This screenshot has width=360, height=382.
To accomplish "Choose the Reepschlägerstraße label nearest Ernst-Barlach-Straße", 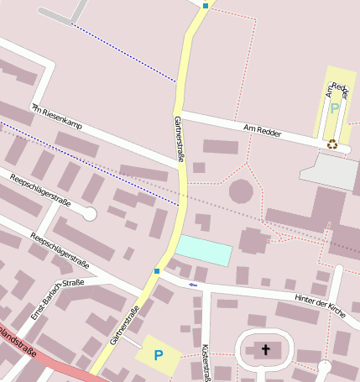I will (x=60, y=249).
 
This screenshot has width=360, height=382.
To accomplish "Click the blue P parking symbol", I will (x=158, y=355).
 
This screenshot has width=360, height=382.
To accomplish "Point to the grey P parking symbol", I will (x=334, y=109).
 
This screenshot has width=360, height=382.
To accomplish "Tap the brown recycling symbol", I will (x=332, y=144).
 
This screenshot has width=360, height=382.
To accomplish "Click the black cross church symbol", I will (x=267, y=349).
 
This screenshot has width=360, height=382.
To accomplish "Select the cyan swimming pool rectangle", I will (x=203, y=250).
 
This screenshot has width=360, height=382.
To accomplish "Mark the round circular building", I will (x=241, y=191).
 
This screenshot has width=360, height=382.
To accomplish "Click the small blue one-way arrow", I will (x=193, y=285).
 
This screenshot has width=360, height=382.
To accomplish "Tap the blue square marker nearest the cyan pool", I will (x=156, y=271).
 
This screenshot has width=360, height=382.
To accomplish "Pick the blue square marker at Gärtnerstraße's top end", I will (x=206, y=6).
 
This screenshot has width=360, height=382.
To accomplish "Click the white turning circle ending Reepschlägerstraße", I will (x=90, y=214).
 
